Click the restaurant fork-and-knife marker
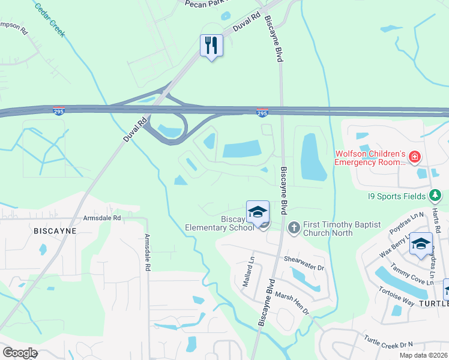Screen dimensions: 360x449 pos(211,46)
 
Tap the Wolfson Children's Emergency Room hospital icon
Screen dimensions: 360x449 pos(414,158)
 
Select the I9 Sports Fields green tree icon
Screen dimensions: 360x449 pos(436,196)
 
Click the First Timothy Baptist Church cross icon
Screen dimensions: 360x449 pos(294,227)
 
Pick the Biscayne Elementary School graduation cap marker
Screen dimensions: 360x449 pos(258,212)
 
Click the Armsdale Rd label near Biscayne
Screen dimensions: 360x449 pos(102,218)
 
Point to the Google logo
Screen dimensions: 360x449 pos(20,353)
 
